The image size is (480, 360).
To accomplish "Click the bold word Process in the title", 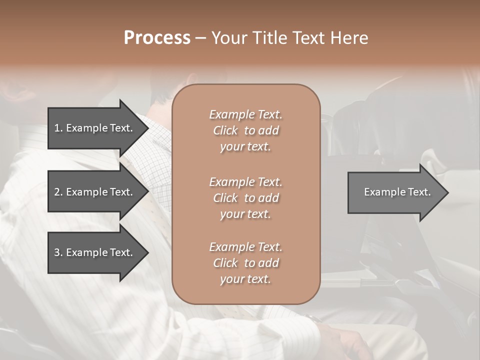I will (x=157, y=38).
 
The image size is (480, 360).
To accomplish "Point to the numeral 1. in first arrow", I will (x=58, y=128).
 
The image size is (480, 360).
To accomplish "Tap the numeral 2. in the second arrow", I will (x=58, y=192).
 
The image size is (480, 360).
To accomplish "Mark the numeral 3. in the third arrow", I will (x=58, y=252).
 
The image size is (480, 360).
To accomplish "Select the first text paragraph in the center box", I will (x=245, y=130).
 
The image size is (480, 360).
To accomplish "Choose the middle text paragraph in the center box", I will (x=245, y=198).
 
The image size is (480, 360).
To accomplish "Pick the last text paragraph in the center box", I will (x=245, y=263).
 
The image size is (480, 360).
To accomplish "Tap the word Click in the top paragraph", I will (x=225, y=130).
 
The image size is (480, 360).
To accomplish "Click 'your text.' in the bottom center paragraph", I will (x=245, y=279).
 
